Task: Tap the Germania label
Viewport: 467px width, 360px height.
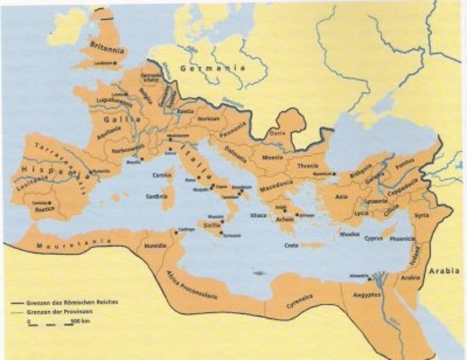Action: click(x=214, y=68)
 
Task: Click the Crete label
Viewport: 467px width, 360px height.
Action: click(x=293, y=245)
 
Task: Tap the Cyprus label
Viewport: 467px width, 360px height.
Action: click(x=373, y=239)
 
